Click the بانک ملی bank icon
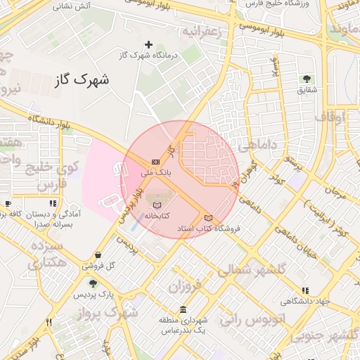tap(155, 162)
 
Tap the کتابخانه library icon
tap(155, 205)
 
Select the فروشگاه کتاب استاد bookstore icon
tap(207, 217)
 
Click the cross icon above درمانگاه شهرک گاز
tap(148, 44)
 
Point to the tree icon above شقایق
tap(307, 79)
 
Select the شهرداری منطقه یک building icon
tap(184, 310)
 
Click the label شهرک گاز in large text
tap(82, 81)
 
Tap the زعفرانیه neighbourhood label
tap(202, 32)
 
